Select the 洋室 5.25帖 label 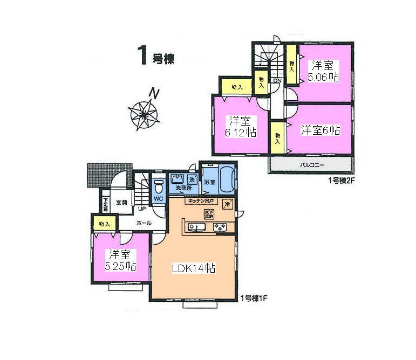point(120,260)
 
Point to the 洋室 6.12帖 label point(241,126)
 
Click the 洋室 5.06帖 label point(324,71)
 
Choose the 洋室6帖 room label point(320,130)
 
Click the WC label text point(159,198)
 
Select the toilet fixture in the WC point(159,187)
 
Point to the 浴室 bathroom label point(209,182)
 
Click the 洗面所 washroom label point(183,189)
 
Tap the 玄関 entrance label point(121,203)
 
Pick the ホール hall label point(144,223)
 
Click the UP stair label point(142,209)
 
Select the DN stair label point(277,81)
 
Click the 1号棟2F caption point(342,181)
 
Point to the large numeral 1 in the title point(144,56)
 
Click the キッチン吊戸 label point(200,202)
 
